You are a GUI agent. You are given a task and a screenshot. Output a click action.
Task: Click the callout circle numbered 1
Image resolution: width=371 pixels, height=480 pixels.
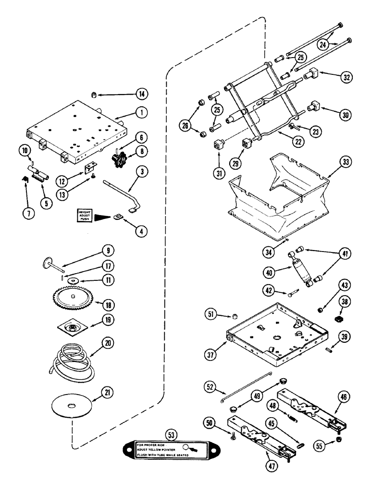pyautogui.click(x=140, y=113)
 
